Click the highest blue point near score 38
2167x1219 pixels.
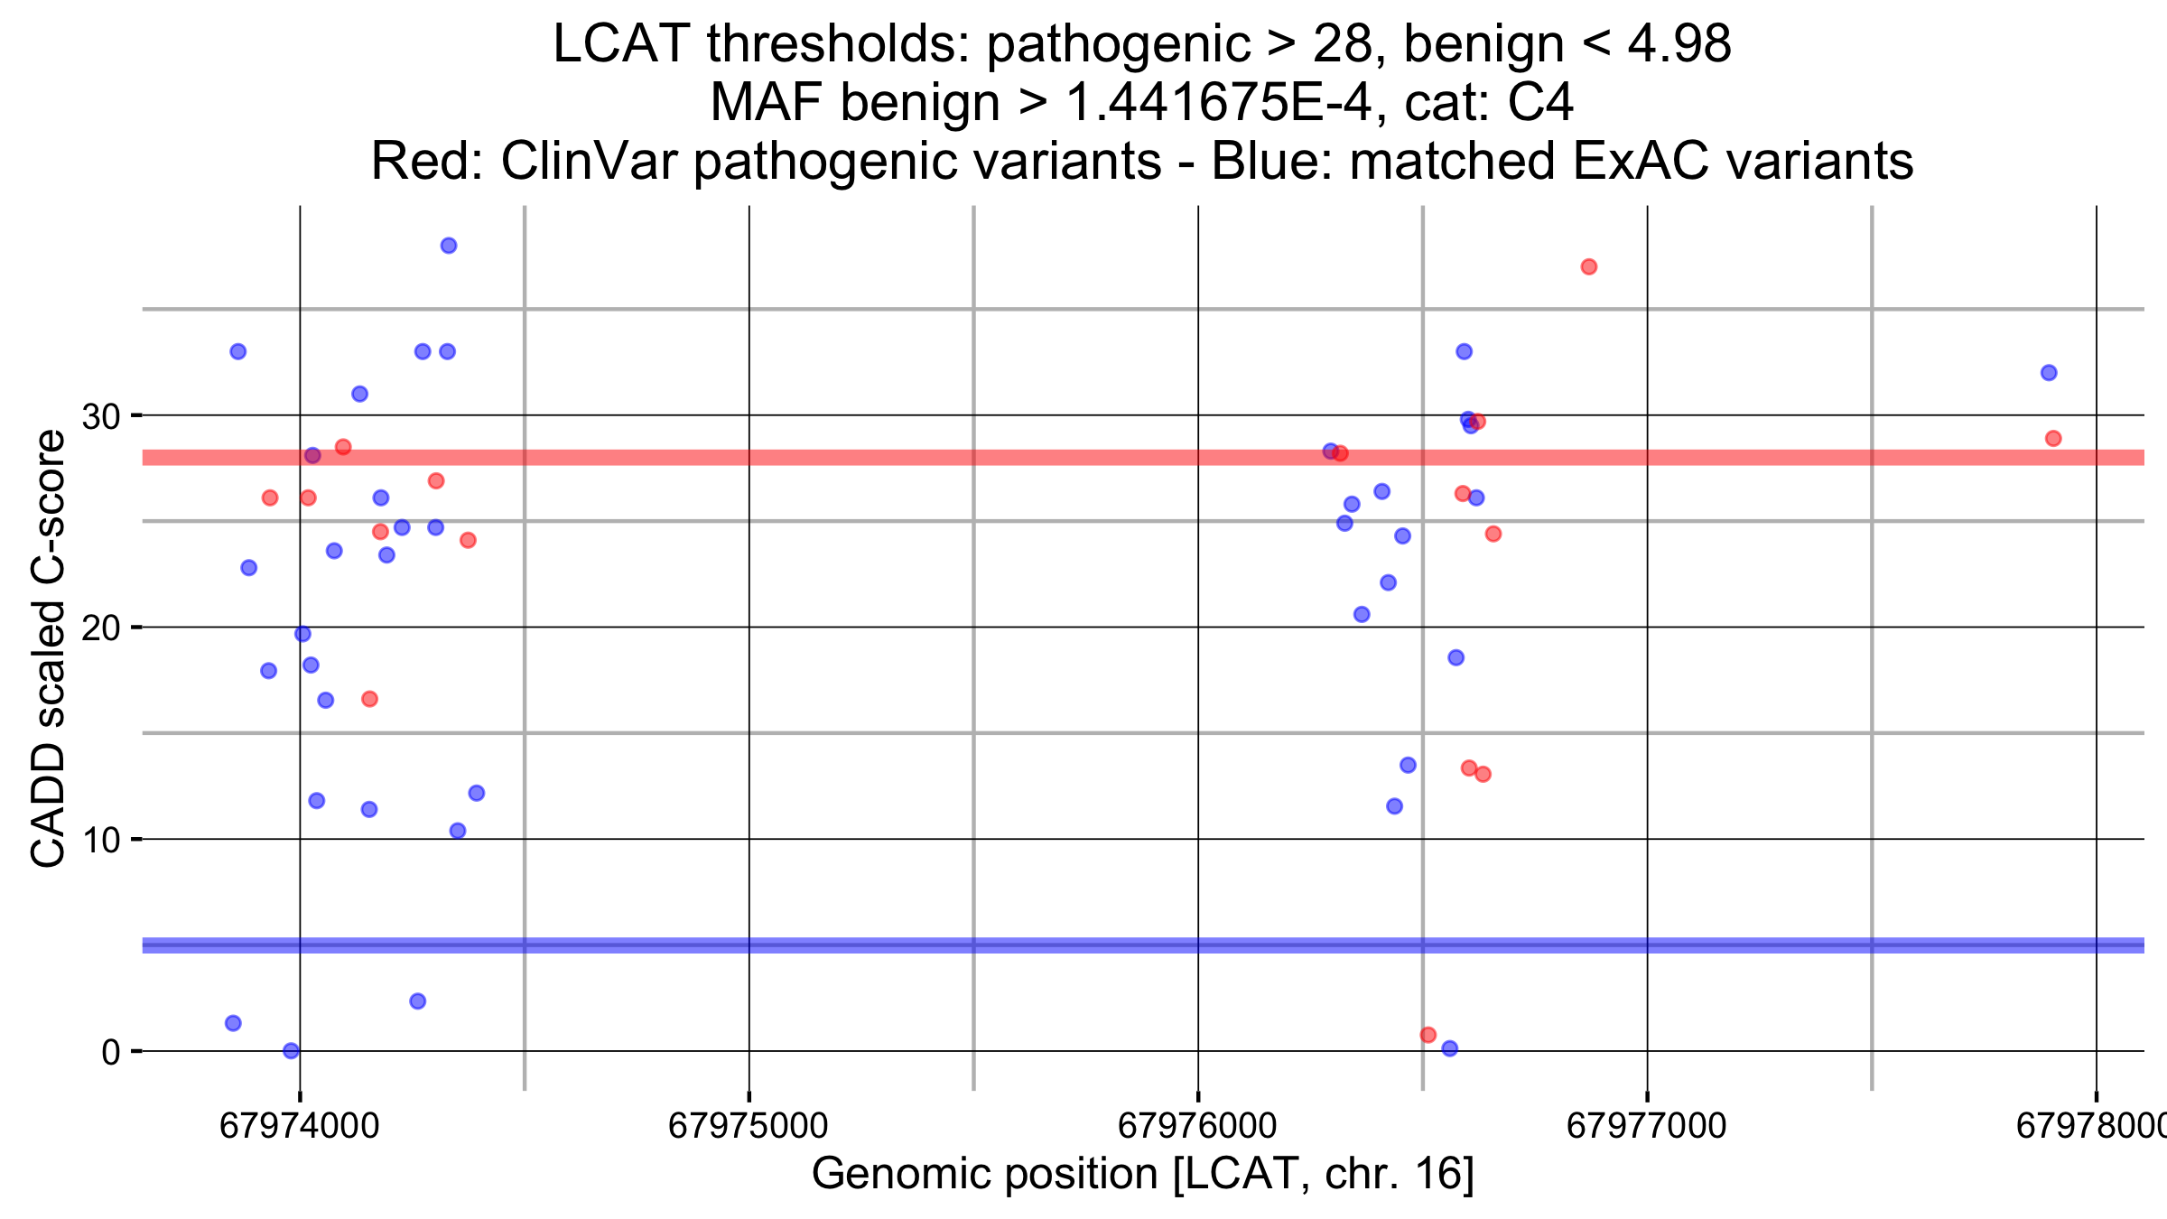449,246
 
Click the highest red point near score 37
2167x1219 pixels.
1589,266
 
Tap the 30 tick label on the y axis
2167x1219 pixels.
100,416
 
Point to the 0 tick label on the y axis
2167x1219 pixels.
110,1052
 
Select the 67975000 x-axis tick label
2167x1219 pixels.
748,1126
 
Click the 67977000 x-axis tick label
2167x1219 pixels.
1646,1126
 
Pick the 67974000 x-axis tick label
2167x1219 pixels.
299,1126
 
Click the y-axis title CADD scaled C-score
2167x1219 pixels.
49,648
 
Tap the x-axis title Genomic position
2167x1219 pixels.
1142,1175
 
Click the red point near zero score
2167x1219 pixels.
1428,1035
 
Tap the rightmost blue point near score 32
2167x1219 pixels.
2049,373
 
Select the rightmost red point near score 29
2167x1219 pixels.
2053,439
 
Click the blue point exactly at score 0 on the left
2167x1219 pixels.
291,1050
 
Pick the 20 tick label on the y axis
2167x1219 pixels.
100,628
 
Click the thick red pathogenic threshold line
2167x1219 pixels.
903,458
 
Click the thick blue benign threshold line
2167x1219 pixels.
903,945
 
